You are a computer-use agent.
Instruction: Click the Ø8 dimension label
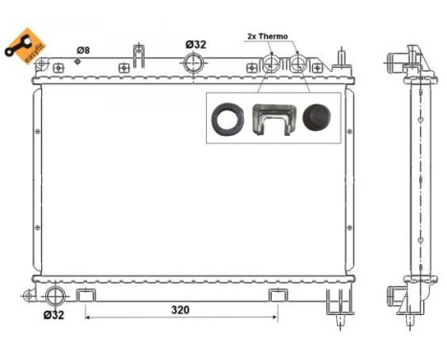(x=83, y=49)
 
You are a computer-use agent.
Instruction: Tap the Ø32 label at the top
(x=195, y=44)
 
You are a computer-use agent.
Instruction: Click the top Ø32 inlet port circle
(x=194, y=65)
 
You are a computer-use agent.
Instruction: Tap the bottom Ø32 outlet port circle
(x=55, y=294)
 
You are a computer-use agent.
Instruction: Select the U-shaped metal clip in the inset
(x=270, y=119)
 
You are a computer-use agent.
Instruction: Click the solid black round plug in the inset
(x=316, y=118)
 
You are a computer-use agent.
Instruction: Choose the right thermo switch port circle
(x=299, y=65)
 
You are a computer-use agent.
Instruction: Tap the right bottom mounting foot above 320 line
(x=278, y=293)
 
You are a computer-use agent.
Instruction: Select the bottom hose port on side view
(x=392, y=294)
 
